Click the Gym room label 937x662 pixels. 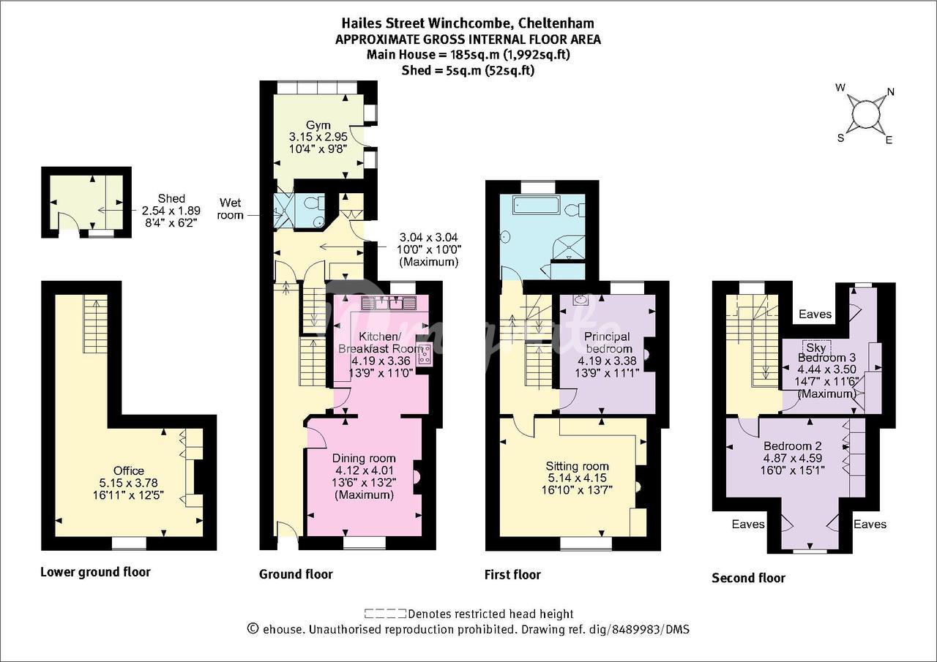(318, 125)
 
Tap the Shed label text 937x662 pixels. (171, 198)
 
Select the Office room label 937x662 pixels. (128, 470)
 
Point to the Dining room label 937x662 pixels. (364, 459)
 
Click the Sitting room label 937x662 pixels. (578, 466)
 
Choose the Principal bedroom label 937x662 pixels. (608, 342)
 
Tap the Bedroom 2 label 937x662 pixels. (793, 445)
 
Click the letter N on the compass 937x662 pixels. (891, 92)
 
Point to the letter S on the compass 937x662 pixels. (841, 138)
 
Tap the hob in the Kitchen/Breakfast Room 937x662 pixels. (424, 354)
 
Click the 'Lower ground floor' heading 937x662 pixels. (95, 572)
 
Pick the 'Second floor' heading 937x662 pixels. (748, 578)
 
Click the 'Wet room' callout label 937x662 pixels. (230, 209)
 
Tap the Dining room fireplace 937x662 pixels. (417, 477)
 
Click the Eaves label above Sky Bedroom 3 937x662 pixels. (815, 314)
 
